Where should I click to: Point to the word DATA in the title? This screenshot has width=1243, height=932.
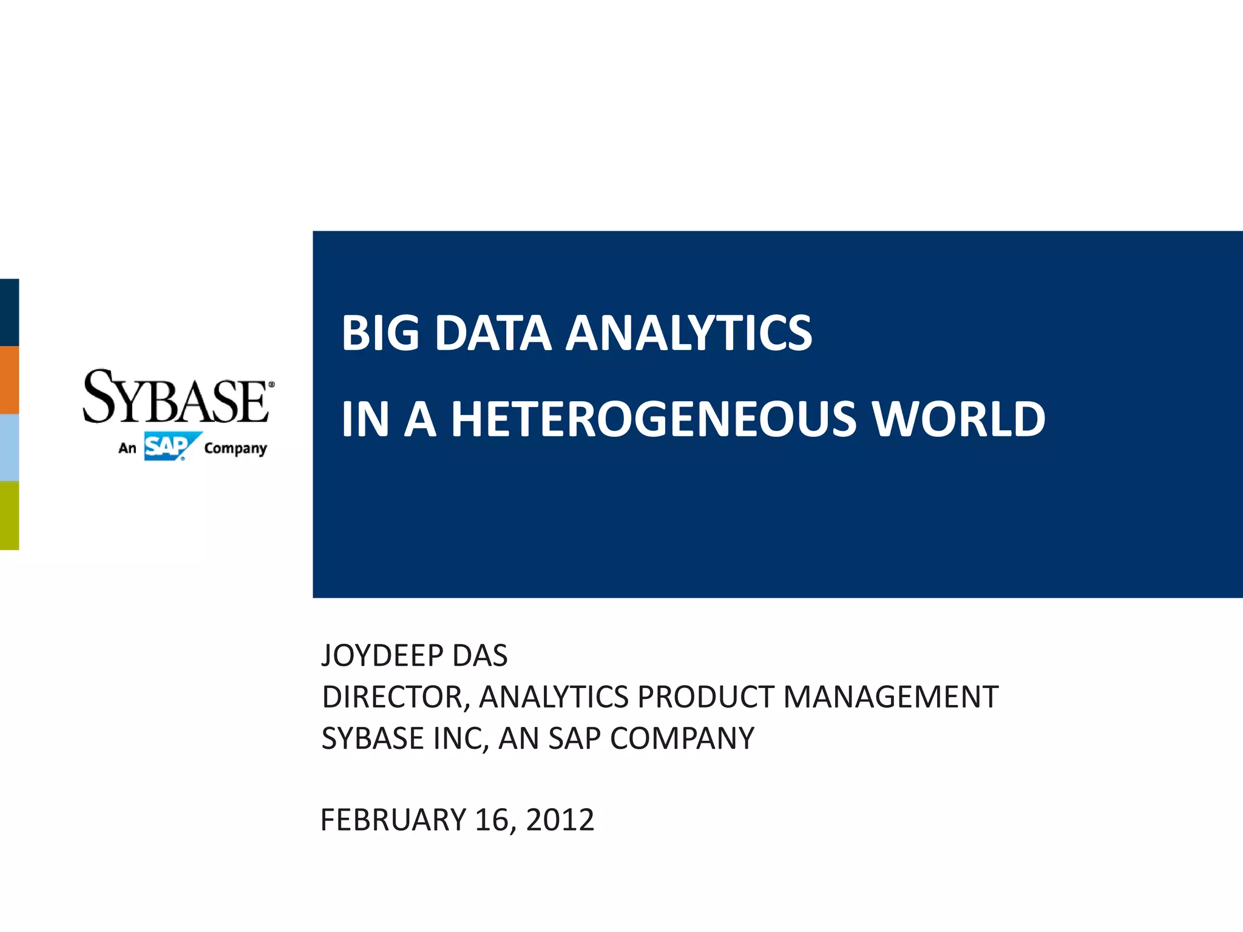click(x=493, y=333)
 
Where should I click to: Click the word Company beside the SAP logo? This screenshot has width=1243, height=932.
click(x=235, y=448)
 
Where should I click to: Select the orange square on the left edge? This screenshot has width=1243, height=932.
click(x=9, y=380)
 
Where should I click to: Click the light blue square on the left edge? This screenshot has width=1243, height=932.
click(x=9, y=447)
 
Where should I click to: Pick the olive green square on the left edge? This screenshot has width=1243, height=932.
click(x=9, y=515)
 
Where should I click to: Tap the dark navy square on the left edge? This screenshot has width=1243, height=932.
click(x=9, y=312)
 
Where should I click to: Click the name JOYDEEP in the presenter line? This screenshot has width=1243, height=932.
click(x=382, y=655)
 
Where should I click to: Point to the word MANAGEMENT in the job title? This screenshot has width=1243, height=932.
click(x=890, y=697)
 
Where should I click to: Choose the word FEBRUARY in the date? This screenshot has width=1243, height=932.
click(x=393, y=820)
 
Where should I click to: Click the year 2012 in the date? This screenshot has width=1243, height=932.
click(x=560, y=820)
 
